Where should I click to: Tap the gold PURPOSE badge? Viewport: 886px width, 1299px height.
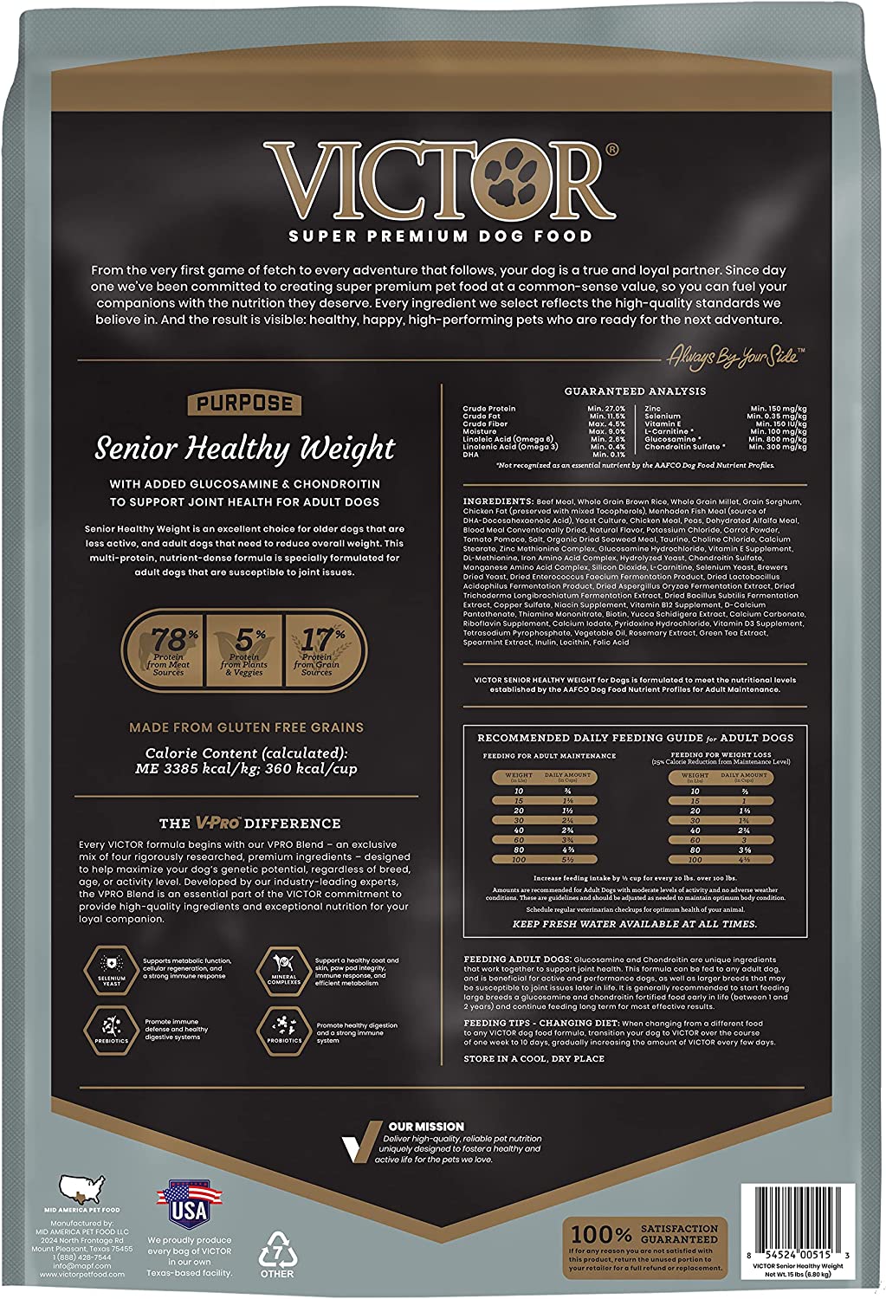pos(243,404)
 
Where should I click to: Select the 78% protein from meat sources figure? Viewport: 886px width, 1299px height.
pos(168,650)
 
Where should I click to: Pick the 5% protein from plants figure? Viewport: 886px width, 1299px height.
pos(243,650)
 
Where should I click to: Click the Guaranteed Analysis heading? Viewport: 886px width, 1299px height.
pos(635,391)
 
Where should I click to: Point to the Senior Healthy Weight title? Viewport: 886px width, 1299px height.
pos(245,449)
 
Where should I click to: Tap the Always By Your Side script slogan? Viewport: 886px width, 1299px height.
pos(735,355)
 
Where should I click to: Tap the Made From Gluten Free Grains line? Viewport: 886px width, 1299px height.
pos(246,727)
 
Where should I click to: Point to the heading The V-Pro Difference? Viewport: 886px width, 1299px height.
pos(249,823)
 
